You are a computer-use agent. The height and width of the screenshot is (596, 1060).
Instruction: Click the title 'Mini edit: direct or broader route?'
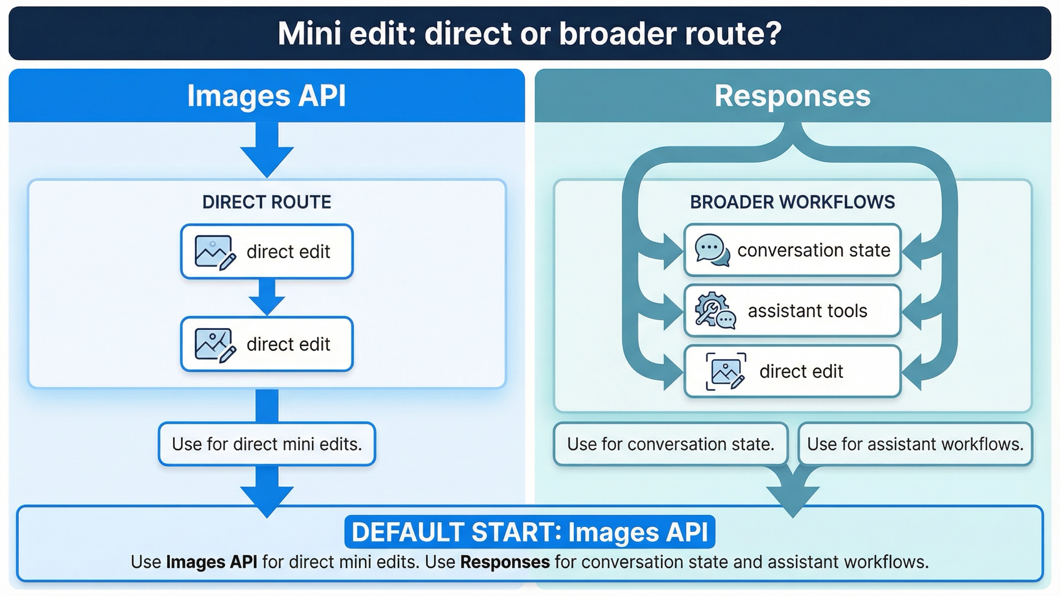(x=530, y=34)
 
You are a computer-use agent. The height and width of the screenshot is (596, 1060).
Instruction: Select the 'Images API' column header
(x=266, y=96)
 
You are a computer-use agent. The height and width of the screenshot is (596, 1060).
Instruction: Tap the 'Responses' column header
(x=792, y=96)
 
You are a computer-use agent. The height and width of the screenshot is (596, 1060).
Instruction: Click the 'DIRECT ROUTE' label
(x=266, y=202)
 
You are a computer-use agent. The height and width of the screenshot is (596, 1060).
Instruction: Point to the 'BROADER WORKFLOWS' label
(x=792, y=202)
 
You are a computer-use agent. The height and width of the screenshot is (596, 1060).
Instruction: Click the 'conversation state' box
(x=792, y=250)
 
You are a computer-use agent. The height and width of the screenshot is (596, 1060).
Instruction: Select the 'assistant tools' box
(x=792, y=311)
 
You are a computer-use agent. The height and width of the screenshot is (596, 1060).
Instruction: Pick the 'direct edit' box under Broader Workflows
(x=792, y=372)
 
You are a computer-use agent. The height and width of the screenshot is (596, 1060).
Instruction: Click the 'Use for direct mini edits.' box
(x=267, y=444)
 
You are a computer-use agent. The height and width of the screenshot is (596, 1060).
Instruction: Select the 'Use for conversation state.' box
(x=670, y=444)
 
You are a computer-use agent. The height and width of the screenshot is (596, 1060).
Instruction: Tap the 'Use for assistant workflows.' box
(x=915, y=444)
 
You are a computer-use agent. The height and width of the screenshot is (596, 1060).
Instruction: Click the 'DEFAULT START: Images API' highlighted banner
(x=530, y=532)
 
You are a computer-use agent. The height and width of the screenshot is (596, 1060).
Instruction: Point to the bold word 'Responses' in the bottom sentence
(x=505, y=562)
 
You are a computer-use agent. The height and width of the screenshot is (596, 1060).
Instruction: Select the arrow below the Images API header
(x=267, y=150)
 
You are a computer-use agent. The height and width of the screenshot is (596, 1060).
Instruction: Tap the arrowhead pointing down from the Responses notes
(x=792, y=499)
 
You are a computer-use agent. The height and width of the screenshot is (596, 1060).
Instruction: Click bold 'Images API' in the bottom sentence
(x=212, y=562)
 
